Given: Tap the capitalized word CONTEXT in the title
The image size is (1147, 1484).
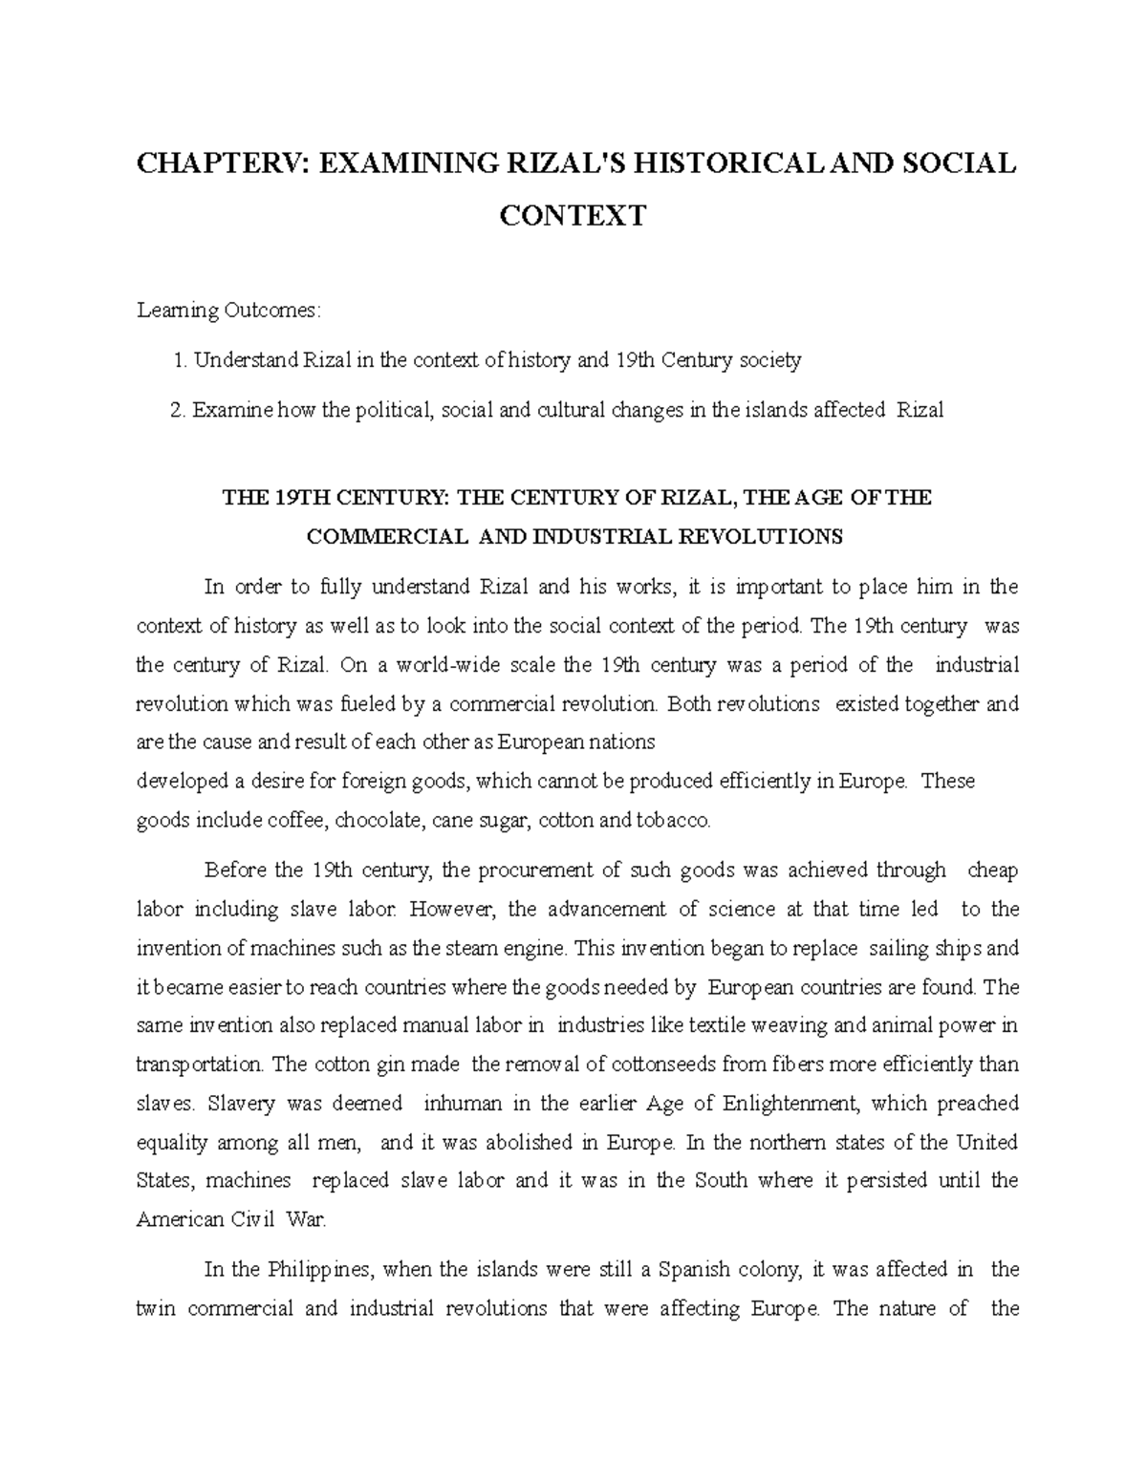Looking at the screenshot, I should click(573, 215).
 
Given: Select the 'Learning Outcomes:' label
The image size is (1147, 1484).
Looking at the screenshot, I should click(230, 311).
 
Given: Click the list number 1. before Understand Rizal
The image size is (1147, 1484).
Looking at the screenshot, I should click(181, 360).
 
